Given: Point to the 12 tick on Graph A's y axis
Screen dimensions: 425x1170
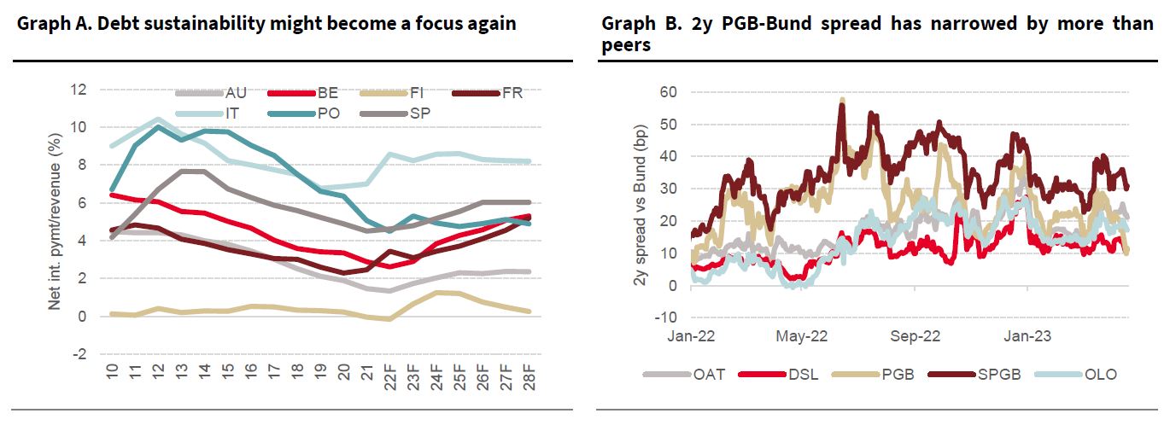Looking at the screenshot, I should (79, 90).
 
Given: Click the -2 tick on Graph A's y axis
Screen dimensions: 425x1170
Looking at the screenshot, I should (79, 354).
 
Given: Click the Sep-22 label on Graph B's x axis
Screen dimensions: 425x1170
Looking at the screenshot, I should (915, 336).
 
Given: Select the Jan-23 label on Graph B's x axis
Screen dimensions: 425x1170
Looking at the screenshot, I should (1028, 336).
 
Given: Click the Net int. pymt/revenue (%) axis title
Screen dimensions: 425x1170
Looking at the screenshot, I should (53, 220).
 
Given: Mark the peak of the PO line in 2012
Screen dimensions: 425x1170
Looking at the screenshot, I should (157, 127).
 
